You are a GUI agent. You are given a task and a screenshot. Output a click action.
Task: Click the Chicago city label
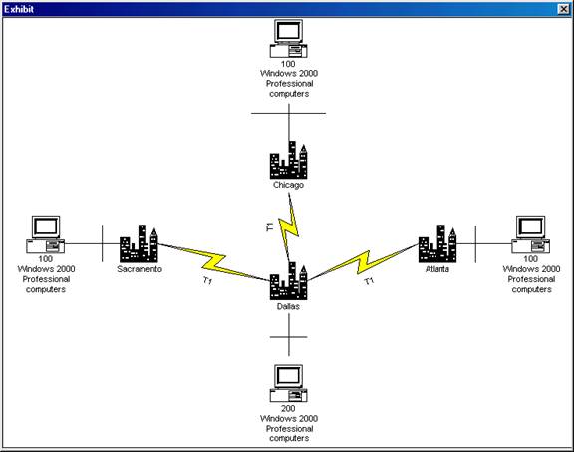(x=288, y=185)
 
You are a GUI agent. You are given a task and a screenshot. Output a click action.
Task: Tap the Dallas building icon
(x=288, y=281)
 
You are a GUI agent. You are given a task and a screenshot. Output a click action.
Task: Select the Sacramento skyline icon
(x=139, y=243)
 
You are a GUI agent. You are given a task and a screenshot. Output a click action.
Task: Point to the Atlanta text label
(x=437, y=269)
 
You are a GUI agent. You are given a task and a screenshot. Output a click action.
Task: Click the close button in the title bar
(x=564, y=9)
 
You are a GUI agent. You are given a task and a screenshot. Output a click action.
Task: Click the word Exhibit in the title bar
(x=19, y=9)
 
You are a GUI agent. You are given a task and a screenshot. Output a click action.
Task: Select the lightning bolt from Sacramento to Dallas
(x=213, y=262)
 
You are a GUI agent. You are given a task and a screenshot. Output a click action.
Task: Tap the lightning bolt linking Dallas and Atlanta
(x=363, y=262)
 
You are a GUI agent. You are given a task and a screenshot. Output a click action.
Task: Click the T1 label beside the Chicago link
(x=270, y=226)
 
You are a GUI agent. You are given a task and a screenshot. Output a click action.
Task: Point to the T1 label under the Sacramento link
(x=207, y=281)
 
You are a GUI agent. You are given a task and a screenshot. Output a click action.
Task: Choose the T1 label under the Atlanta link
(x=369, y=281)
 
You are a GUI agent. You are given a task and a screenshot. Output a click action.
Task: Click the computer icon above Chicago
(x=288, y=39)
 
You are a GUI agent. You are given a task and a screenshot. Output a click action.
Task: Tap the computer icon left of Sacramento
(x=46, y=234)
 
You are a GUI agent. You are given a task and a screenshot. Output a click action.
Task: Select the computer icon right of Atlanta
(x=531, y=234)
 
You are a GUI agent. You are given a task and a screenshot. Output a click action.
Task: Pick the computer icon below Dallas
(x=288, y=383)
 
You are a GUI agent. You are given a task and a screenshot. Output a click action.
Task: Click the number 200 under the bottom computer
(x=288, y=408)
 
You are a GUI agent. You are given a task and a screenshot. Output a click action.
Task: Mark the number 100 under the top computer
(x=288, y=64)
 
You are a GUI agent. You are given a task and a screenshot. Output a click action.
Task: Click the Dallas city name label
(x=288, y=307)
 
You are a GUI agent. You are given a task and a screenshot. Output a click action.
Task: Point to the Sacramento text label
(x=140, y=269)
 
